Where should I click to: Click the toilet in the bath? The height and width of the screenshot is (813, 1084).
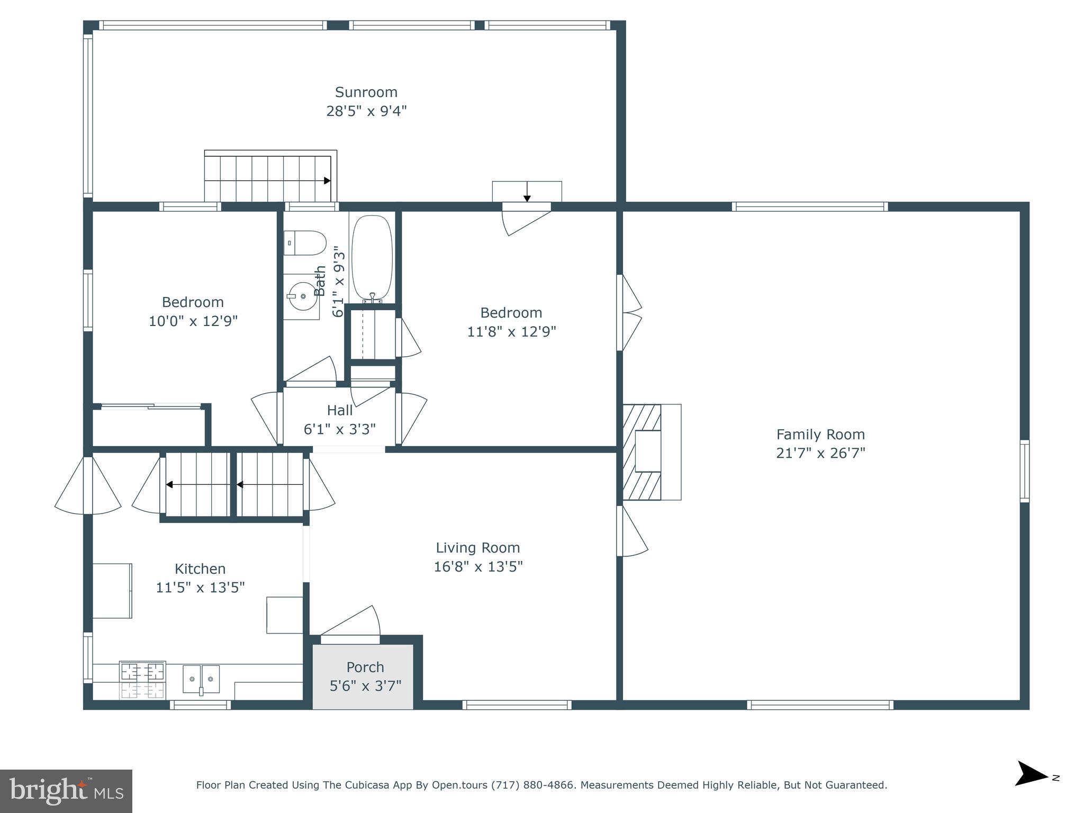tap(305, 243)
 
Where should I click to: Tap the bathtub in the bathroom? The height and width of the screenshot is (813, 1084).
tap(372, 258)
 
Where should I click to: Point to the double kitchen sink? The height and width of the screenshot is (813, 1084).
tap(201, 679)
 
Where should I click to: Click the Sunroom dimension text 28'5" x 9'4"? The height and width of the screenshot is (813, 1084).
tap(366, 111)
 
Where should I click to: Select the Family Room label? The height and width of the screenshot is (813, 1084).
tap(820, 435)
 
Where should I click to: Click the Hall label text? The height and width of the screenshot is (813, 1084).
tap(340, 410)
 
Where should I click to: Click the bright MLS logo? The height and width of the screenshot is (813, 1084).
tap(66, 791)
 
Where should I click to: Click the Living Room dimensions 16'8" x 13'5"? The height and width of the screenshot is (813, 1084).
tap(478, 567)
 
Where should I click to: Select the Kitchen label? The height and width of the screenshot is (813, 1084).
tap(200, 569)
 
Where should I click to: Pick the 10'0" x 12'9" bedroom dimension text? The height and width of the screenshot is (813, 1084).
tap(193, 321)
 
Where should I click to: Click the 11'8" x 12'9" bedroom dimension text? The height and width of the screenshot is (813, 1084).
tap(511, 332)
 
